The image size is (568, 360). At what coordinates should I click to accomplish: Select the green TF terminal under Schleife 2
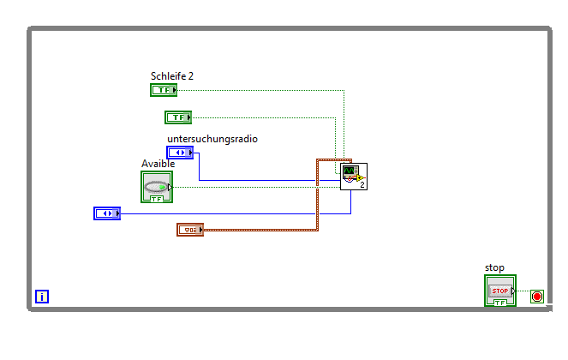pyautogui.click(x=164, y=90)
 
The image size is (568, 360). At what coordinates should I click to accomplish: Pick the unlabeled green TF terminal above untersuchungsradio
pyautogui.click(x=178, y=117)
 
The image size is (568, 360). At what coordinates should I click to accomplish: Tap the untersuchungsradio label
pyautogui.click(x=212, y=139)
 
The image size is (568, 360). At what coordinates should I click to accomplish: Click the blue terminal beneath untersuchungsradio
pyautogui.click(x=180, y=153)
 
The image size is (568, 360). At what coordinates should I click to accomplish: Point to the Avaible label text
pyautogui.click(x=158, y=164)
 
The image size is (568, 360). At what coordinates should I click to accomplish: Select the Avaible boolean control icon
pyautogui.click(x=157, y=187)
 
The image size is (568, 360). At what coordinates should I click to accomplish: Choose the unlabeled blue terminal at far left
pyautogui.click(x=106, y=213)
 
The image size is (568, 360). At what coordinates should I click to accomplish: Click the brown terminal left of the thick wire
pyautogui.click(x=190, y=230)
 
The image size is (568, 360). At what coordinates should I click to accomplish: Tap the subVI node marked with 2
pyautogui.click(x=354, y=177)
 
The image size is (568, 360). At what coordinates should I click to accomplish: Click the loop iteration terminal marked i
pyautogui.click(x=42, y=297)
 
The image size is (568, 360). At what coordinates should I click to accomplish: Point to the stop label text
pyautogui.click(x=494, y=267)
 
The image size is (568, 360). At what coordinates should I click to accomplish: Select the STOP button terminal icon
pyautogui.click(x=500, y=291)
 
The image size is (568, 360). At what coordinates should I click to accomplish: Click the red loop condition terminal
pyautogui.click(x=537, y=297)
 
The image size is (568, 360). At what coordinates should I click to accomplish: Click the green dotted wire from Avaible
pyautogui.click(x=257, y=187)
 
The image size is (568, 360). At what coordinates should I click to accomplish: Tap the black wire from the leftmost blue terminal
pyautogui.click(x=231, y=213)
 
